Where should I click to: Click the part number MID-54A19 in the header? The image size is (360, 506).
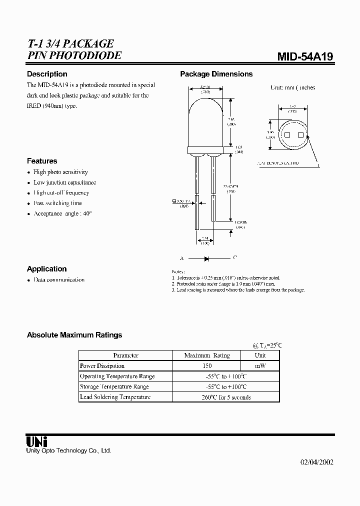tap(305, 57)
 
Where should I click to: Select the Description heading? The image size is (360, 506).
tap(47, 74)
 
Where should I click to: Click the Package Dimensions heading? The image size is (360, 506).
tap(216, 74)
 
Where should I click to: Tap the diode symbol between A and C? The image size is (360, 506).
tap(206, 258)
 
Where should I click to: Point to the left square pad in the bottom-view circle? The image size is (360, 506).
tap(287, 135)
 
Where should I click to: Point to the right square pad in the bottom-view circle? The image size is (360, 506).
tap(300, 135)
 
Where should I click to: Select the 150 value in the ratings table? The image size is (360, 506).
tap(206, 366)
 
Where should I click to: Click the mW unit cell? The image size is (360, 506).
tap(260, 366)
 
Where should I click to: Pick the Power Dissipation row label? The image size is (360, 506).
tap(102, 366)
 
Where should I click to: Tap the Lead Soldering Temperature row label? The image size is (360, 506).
tap(115, 397)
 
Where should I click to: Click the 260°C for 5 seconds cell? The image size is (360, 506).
tap(225, 397)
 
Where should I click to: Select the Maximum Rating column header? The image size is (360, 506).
tap(206, 355)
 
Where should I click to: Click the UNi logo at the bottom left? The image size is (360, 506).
tap(36, 441)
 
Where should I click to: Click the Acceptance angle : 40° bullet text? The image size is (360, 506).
tap(62, 213)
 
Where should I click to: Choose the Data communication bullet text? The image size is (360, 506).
tap(58, 280)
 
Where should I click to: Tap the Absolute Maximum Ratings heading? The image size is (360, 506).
tap(74, 335)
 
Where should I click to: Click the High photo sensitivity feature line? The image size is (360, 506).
tap(60, 172)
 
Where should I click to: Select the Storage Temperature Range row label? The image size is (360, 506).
tap(114, 386)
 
